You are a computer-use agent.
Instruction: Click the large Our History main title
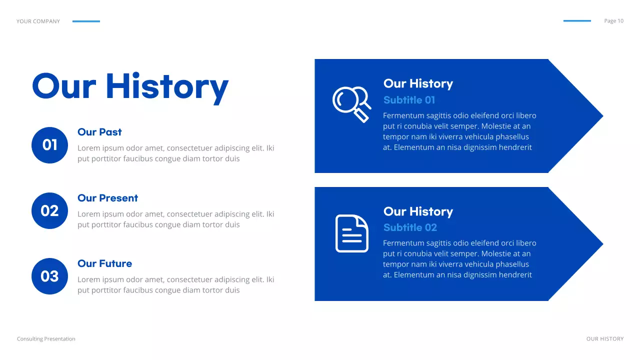[x=130, y=86]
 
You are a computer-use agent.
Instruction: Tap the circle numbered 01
[x=49, y=145]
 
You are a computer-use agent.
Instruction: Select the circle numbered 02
[x=49, y=210]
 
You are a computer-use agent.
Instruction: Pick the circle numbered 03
[x=49, y=276]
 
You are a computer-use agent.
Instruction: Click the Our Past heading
[x=99, y=132]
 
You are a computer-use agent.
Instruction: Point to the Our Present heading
[x=107, y=198]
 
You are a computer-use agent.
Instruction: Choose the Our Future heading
[x=104, y=263]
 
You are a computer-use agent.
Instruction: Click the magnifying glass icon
[x=351, y=104]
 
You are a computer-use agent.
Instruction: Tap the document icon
[x=351, y=233]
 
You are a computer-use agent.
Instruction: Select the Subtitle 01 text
[x=409, y=100]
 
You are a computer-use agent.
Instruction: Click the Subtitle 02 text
[x=410, y=227]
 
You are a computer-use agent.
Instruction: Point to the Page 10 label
[x=613, y=21]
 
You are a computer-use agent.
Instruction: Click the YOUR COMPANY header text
[x=38, y=21]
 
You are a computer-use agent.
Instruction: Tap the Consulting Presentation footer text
[x=46, y=339]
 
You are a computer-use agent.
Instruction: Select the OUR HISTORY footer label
[x=605, y=339]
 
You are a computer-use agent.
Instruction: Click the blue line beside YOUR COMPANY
[x=86, y=21]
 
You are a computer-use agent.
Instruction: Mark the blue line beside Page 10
[x=577, y=21]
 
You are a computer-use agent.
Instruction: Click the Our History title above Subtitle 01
[x=418, y=83]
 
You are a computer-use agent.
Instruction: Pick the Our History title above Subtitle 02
[x=418, y=211]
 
